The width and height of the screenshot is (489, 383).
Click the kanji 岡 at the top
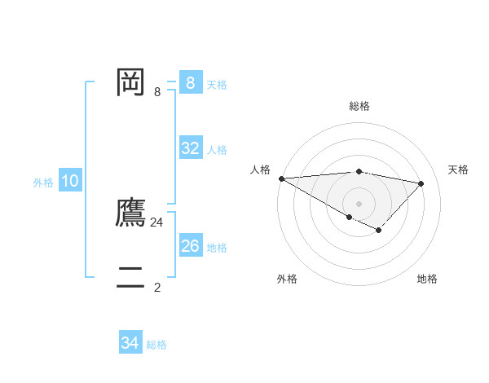coord(130,83)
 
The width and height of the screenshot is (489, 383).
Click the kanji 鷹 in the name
coord(130,212)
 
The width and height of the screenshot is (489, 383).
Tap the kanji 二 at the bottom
coord(130,278)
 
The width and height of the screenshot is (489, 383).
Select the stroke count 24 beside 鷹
coord(157,222)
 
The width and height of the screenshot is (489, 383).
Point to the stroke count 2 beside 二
coord(157,287)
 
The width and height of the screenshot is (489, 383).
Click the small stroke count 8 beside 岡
coord(157,92)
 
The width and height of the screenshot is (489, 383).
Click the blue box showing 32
coord(190,148)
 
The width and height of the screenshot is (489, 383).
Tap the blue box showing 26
coord(190,245)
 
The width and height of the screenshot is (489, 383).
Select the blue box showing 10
coord(69,181)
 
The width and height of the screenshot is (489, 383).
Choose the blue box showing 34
coord(130,343)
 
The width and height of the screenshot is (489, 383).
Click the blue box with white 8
coord(190,83)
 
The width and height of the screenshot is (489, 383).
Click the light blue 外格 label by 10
coord(43,183)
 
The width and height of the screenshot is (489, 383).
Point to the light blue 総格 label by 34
coord(156,345)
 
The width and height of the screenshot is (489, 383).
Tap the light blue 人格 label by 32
coord(217,150)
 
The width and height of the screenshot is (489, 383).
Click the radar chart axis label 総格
coord(359,106)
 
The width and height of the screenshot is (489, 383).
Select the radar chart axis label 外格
coord(287,279)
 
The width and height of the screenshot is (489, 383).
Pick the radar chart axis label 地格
coord(427,279)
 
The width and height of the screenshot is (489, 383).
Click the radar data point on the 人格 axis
coord(281,178)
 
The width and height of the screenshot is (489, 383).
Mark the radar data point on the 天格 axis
coord(421,183)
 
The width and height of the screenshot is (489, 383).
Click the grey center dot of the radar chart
coord(359,203)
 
